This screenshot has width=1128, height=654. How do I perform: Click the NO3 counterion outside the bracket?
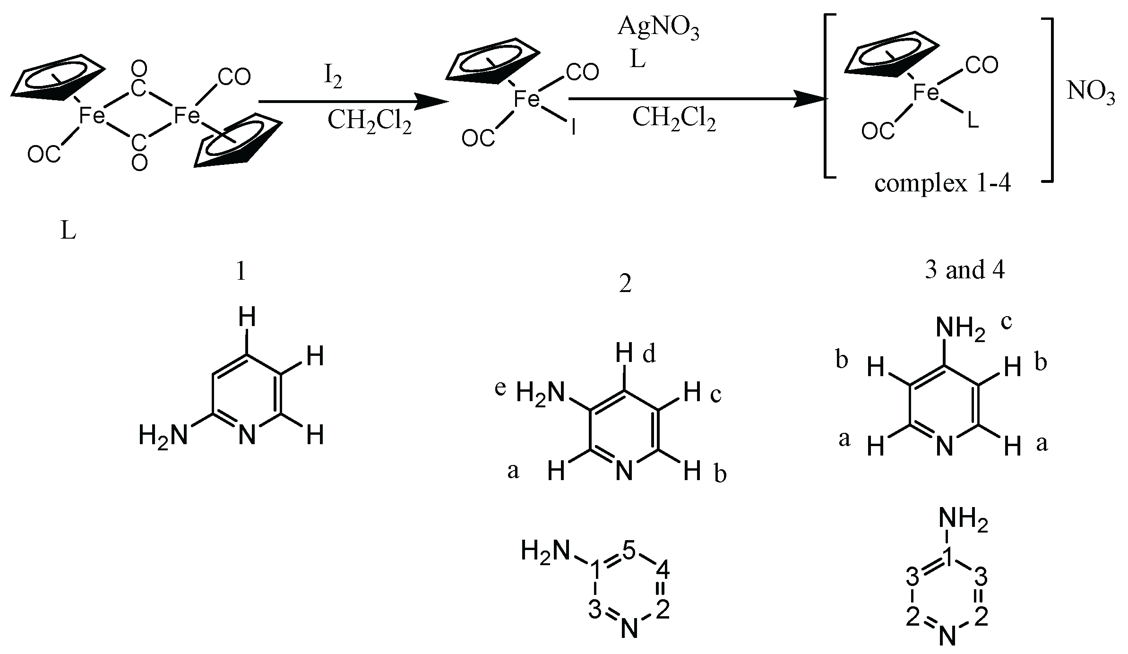[x=1091, y=95]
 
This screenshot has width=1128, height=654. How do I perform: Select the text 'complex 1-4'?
[x=942, y=183]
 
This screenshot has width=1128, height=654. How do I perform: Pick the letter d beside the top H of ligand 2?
[x=649, y=354]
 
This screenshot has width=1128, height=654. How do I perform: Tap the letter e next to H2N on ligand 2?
[x=500, y=388]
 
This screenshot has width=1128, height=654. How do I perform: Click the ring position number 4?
[x=663, y=572]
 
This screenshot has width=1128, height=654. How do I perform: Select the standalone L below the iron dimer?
[x=68, y=232]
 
